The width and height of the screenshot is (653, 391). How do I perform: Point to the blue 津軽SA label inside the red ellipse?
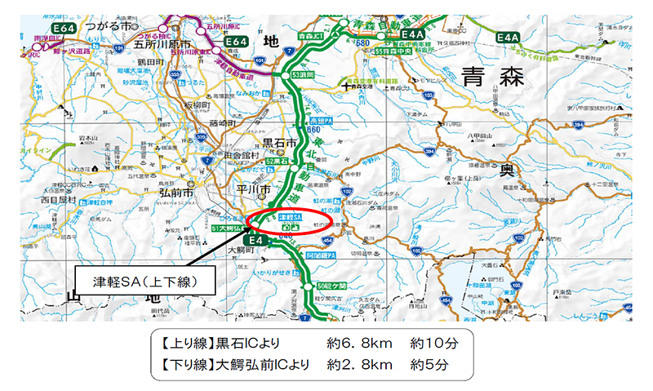[291, 218]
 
